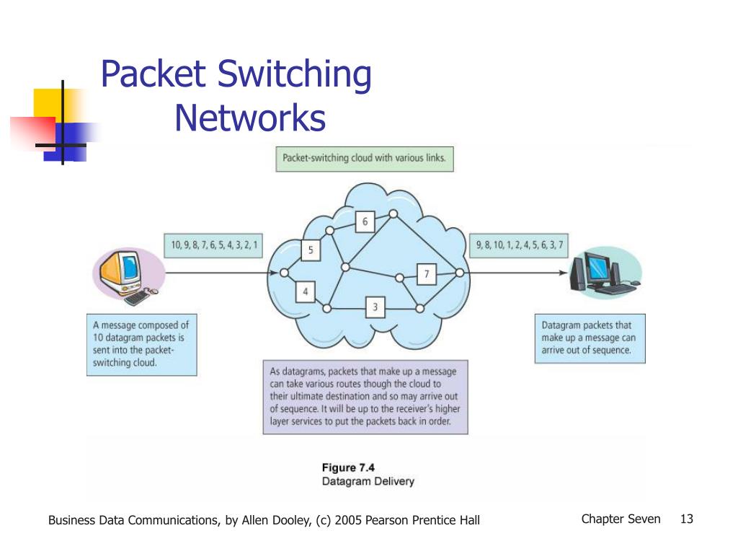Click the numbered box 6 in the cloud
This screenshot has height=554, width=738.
tap(365, 222)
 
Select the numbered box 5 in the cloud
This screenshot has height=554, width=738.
tap(311, 250)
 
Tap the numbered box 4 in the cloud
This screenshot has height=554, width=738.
tap(306, 292)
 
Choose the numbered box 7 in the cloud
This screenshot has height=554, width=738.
tap(427, 274)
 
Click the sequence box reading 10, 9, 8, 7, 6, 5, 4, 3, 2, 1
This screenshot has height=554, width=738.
tap(214, 246)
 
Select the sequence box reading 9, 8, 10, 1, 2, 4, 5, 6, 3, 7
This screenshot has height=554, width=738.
tap(519, 246)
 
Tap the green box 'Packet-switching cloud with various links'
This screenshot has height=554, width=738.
tap(365, 158)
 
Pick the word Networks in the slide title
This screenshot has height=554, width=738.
tap(250, 118)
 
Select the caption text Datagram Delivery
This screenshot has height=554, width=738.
tap(368, 481)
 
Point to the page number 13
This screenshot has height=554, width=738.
tap(686, 519)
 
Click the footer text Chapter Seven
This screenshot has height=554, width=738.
tap(621, 519)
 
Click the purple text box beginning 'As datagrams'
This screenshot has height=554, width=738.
tap(365, 397)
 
